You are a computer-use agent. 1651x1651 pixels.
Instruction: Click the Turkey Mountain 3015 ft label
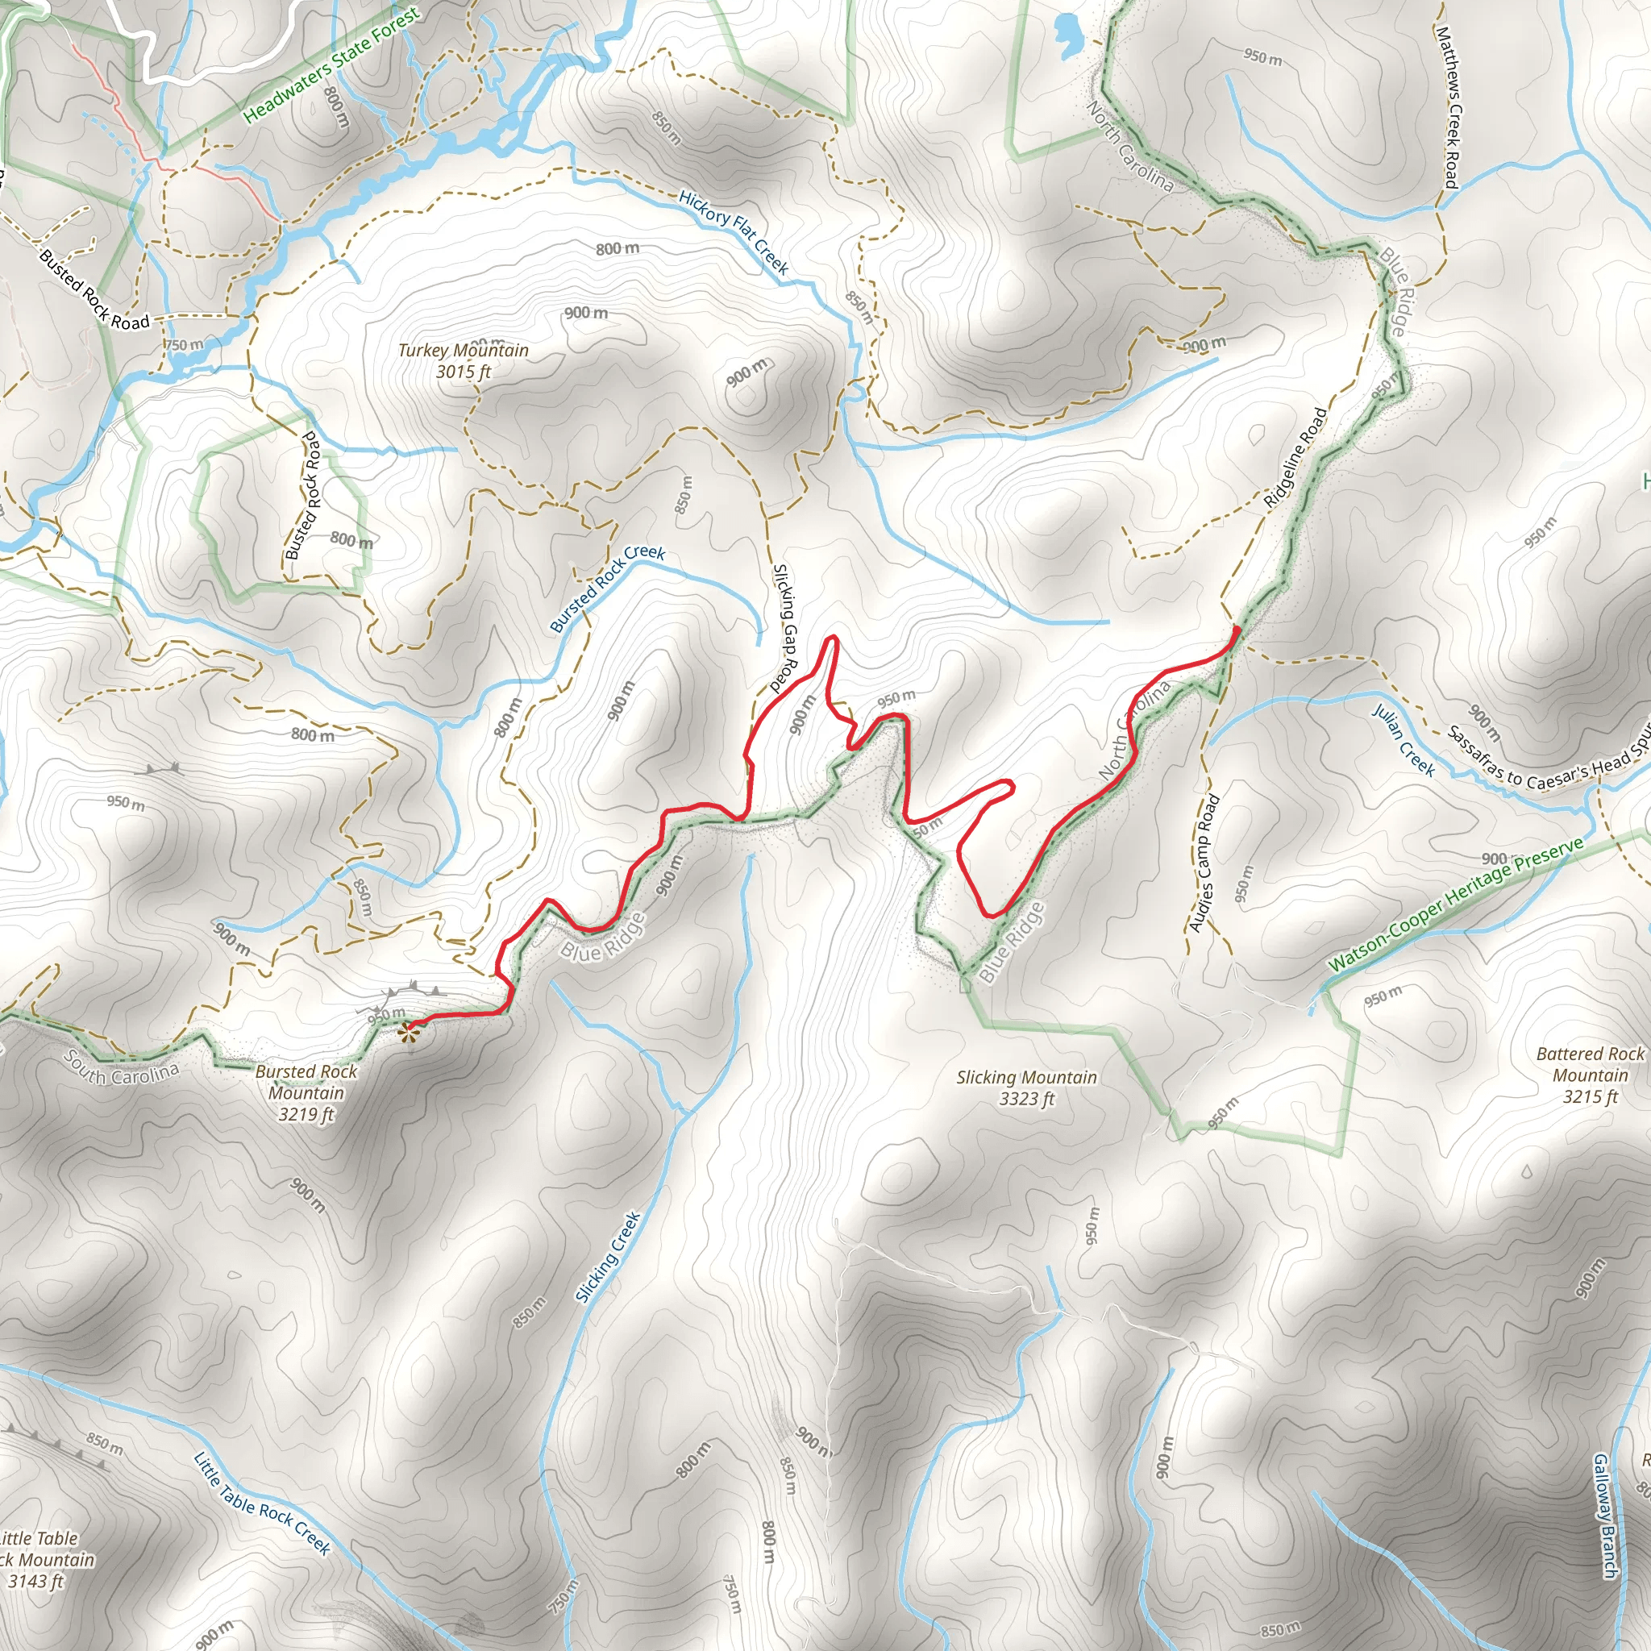point(464,360)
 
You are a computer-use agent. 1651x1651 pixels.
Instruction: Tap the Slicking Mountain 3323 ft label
point(1026,1087)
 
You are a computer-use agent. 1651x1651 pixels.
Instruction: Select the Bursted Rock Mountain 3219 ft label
point(306,1092)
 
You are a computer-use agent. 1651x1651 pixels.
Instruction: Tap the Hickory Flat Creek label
point(734,231)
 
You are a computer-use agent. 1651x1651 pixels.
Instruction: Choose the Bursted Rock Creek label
point(607,588)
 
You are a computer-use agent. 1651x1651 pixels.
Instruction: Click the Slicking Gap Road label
point(784,627)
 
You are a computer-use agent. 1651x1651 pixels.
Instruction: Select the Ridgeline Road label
point(1295,458)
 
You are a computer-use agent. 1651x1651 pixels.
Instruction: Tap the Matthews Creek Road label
point(1448,107)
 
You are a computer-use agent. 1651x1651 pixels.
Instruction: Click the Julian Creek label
point(1404,740)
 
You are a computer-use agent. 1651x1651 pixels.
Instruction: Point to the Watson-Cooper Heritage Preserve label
point(1455,905)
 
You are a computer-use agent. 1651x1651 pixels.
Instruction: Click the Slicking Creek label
point(608,1257)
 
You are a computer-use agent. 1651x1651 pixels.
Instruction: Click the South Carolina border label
point(122,1067)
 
